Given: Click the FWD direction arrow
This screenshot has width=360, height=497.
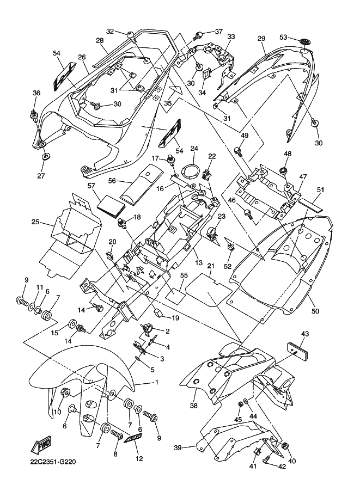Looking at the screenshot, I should click(x=45, y=446).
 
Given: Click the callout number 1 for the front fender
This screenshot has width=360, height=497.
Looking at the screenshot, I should click(x=156, y=382).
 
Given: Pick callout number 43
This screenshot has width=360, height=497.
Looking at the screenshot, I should click(x=304, y=334).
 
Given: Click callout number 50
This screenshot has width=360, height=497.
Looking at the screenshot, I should click(x=316, y=311).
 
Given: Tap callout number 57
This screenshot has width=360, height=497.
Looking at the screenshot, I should click(x=91, y=186).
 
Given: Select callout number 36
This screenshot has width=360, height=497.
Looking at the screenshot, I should click(x=36, y=93).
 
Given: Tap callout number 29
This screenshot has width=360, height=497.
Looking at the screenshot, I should click(x=261, y=39).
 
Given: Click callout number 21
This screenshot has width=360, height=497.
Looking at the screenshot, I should click(x=211, y=266).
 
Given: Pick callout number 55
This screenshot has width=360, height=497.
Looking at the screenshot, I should click(x=184, y=276).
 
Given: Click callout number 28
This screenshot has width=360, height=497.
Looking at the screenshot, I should click(x=100, y=40).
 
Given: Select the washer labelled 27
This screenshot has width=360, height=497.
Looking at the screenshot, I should click(x=45, y=157).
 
